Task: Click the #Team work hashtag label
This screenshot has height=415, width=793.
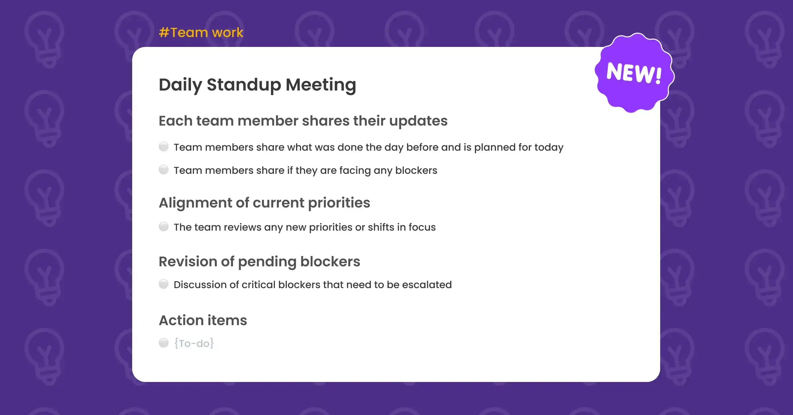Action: click(201, 32)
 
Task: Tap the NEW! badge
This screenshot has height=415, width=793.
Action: click(634, 73)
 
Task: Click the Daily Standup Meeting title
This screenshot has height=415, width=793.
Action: click(257, 85)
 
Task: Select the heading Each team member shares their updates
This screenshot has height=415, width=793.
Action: click(303, 121)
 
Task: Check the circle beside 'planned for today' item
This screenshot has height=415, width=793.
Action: click(164, 146)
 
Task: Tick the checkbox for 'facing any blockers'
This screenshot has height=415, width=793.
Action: click(164, 170)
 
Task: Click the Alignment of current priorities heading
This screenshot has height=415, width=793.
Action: click(264, 203)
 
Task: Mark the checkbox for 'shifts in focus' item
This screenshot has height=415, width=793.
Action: click(164, 226)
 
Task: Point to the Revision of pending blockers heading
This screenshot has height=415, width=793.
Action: click(259, 262)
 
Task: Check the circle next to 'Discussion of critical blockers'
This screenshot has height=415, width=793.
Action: click(164, 284)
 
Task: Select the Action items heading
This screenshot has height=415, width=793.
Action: click(203, 320)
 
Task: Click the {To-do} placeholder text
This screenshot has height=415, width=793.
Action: click(194, 343)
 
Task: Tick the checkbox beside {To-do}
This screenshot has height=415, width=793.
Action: click(164, 343)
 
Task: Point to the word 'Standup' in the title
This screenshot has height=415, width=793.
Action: click(244, 85)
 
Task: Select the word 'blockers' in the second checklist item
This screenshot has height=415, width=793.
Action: click(416, 170)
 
